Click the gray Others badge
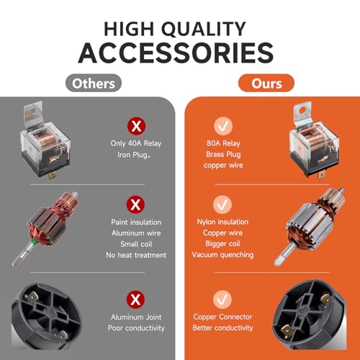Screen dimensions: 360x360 94,83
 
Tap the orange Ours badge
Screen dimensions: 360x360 266,83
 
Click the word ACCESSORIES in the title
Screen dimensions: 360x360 176,53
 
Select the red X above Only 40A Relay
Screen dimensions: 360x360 136,126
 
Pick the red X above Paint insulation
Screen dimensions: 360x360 136,204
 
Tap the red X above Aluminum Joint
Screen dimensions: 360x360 136,300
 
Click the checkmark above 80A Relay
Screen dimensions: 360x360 223,126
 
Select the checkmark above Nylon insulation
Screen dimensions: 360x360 222,204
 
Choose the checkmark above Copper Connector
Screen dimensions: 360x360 222,300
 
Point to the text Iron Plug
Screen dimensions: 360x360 134,155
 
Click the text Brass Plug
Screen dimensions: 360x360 223,155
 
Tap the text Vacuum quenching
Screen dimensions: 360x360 222,255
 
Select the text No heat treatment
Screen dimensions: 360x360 136,255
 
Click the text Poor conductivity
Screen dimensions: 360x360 136,328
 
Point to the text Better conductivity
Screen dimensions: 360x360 222,328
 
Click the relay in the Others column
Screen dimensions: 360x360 45,140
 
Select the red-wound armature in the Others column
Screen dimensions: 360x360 45,228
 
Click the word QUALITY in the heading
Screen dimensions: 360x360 204,30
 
